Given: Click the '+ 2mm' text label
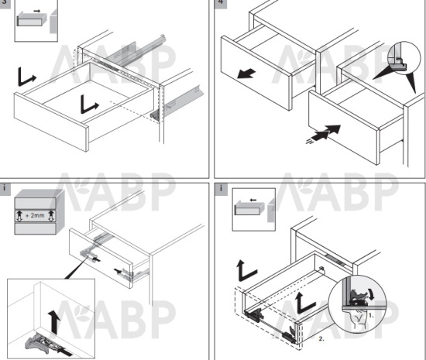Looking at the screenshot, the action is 35,215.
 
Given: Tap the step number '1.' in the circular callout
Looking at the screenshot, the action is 371,316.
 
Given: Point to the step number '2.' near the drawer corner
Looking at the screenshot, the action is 321,339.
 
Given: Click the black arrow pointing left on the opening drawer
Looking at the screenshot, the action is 246,74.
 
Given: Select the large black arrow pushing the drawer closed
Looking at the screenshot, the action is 325,132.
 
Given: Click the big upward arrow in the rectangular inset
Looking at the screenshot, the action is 53,322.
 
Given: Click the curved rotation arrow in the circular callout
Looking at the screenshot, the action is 370,294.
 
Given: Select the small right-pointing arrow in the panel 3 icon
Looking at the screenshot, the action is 36,11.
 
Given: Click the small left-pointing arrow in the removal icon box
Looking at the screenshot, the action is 253,200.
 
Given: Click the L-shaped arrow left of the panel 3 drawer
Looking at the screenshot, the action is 26,77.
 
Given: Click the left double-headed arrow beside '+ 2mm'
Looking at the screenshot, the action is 19,215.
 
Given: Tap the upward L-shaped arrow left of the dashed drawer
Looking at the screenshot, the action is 246,270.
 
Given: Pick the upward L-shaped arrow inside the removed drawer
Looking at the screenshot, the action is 306,303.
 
